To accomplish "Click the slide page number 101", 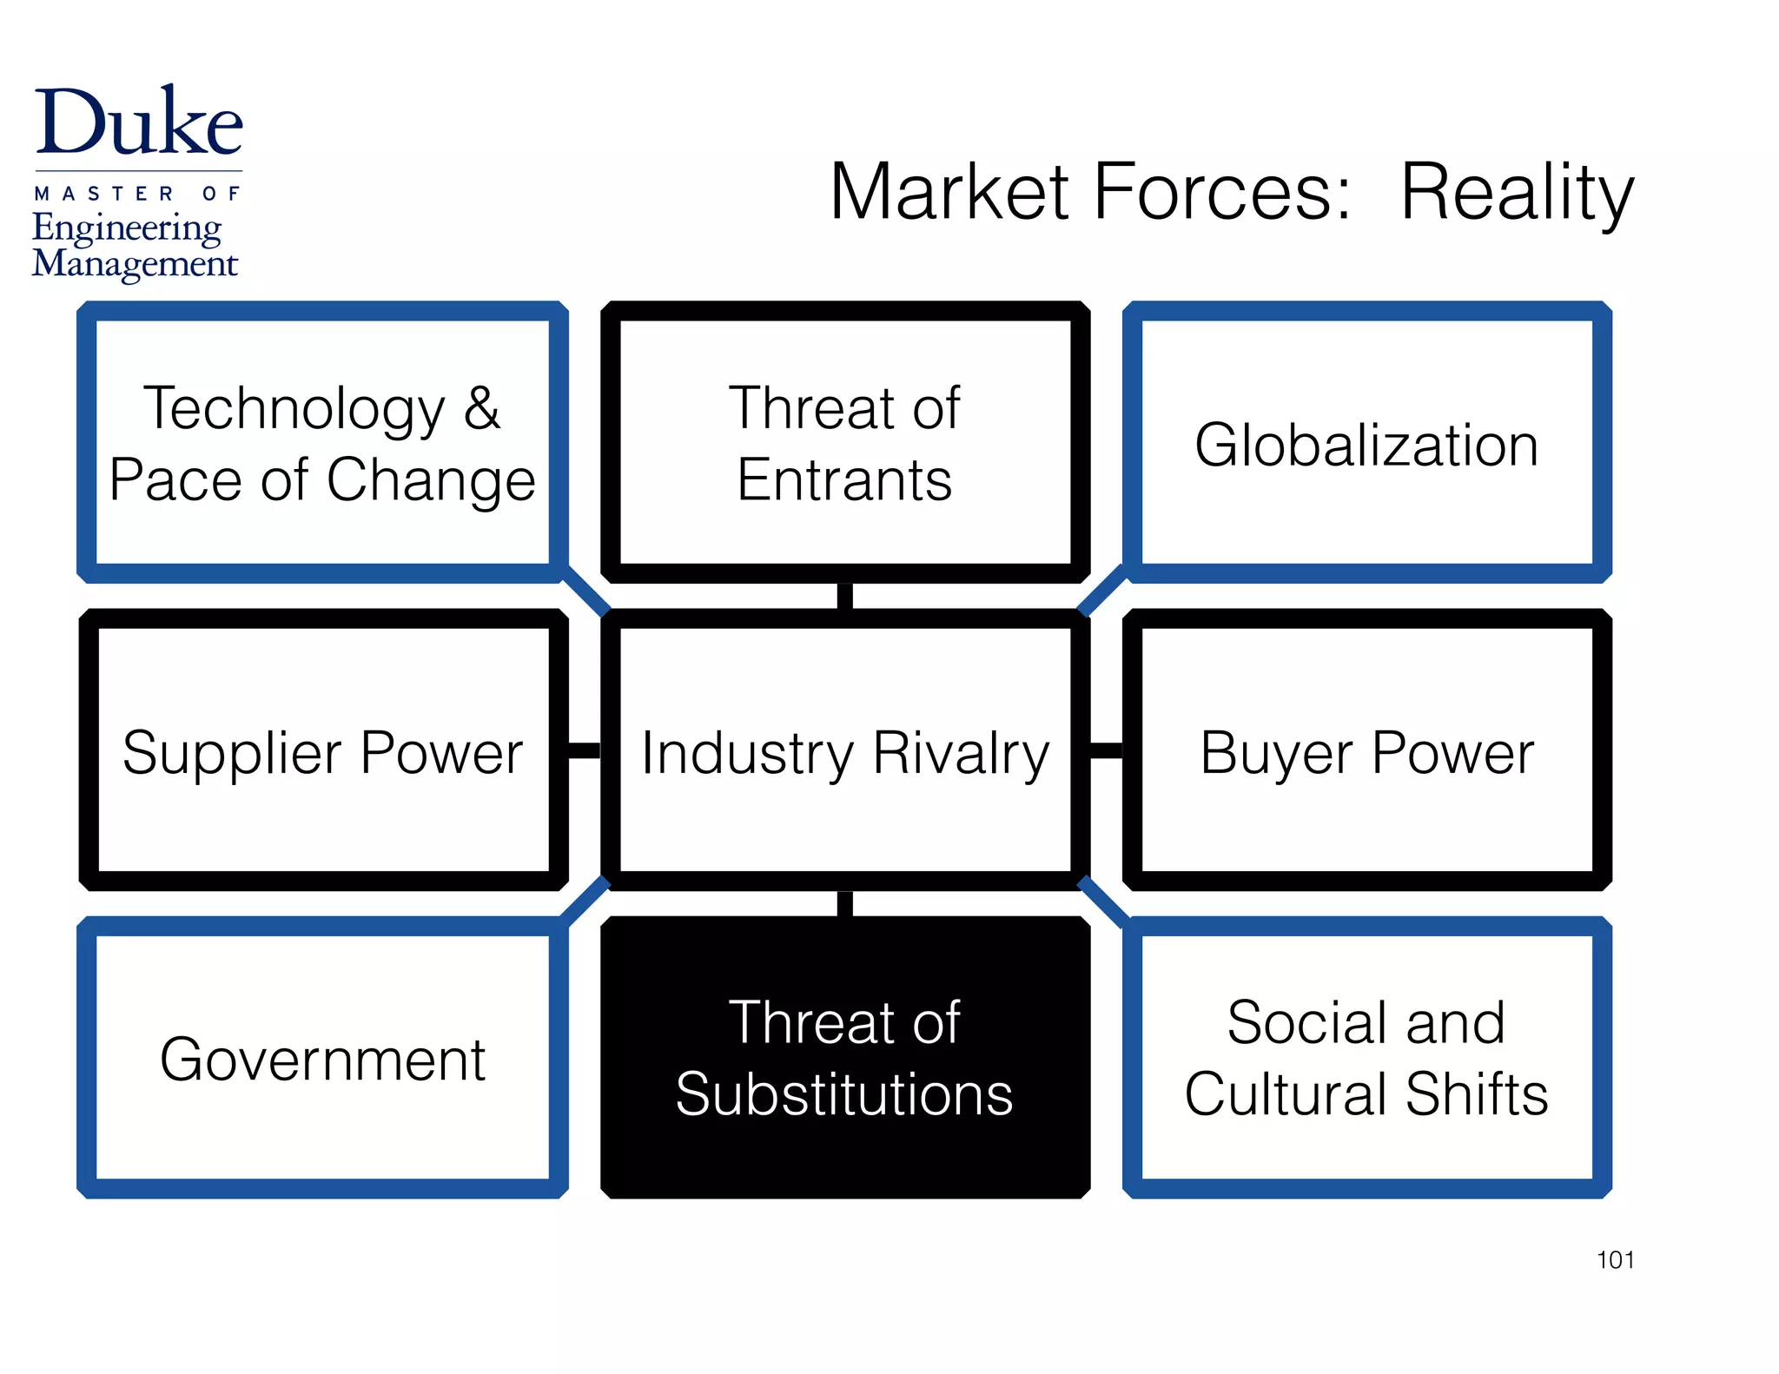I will [1615, 1259].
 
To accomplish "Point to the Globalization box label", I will [1366, 445].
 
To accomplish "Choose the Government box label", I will [322, 1060].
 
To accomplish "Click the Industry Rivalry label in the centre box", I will [845, 753].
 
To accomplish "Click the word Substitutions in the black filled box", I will [844, 1093].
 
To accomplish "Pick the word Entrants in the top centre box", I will [844, 479].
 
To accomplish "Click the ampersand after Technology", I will [482, 407].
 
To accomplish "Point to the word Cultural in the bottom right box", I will [1286, 1093].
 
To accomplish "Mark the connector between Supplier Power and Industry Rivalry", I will [585, 750].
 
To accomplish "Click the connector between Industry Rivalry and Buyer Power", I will [1106, 750].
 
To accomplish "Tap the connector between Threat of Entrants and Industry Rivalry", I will [845, 596].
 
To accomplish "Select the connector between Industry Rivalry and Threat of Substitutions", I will [845, 903].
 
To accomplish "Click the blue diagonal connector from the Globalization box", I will [1101, 591].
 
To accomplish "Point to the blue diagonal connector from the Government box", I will [586, 902].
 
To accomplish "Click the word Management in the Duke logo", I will [135, 263].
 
